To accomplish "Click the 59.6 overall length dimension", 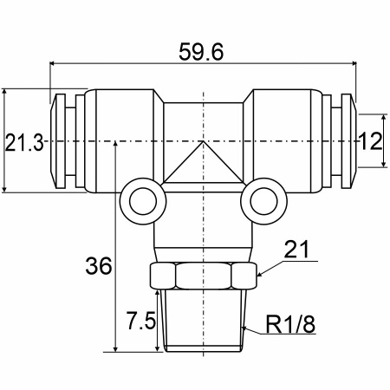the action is [x=201, y=52].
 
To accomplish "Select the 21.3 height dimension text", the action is [x=24, y=142].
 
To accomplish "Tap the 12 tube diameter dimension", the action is [x=370, y=141].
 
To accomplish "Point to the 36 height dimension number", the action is [x=99, y=266].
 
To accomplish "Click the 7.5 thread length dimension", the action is [x=141, y=321].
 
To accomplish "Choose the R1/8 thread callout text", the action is [x=290, y=324].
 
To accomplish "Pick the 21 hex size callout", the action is [x=296, y=249].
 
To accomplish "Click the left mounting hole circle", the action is [x=143, y=201].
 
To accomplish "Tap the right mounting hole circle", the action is [x=263, y=201].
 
